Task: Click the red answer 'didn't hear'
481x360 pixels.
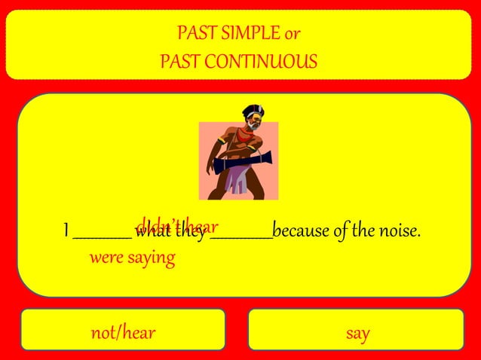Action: coord(176,225)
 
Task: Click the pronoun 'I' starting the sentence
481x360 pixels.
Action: coord(66,230)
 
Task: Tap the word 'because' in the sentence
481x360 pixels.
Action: coord(300,230)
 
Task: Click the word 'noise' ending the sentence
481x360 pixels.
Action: coord(397,230)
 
